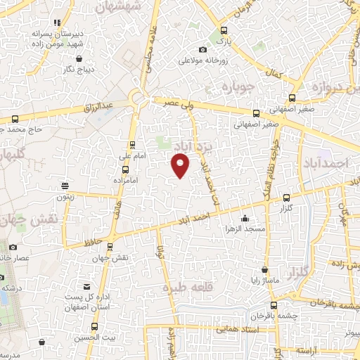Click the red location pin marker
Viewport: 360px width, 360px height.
[181, 166]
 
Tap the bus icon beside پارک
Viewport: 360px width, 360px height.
[224, 30]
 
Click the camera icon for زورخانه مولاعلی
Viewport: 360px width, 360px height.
[203, 49]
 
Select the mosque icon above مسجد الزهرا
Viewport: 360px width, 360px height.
[244, 217]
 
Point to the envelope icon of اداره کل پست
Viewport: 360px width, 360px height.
[87, 287]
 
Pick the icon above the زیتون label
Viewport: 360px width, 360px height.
[65, 186]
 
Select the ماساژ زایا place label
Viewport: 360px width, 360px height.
[263, 281]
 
